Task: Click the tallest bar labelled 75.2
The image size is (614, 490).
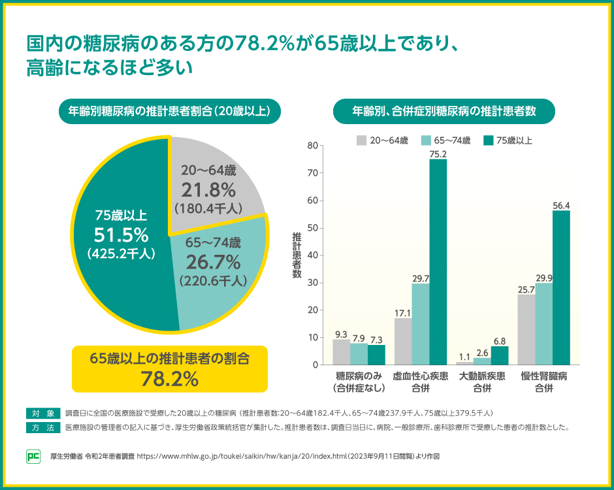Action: point(438,261)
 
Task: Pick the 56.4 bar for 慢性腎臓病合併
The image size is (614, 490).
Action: point(561,287)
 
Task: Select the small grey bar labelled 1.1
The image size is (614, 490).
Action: point(464,363)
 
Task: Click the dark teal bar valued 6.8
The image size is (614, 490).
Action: point(500,355)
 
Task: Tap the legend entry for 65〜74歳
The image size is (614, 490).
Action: point(446,140)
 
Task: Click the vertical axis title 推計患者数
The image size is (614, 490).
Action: point(297,255)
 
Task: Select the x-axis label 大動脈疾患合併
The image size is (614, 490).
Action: point(482,382)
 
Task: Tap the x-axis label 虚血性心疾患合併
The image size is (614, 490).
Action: point(420,382)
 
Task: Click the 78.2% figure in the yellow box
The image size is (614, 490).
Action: point(170,378)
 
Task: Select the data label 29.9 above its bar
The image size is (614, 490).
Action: point(543,278)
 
